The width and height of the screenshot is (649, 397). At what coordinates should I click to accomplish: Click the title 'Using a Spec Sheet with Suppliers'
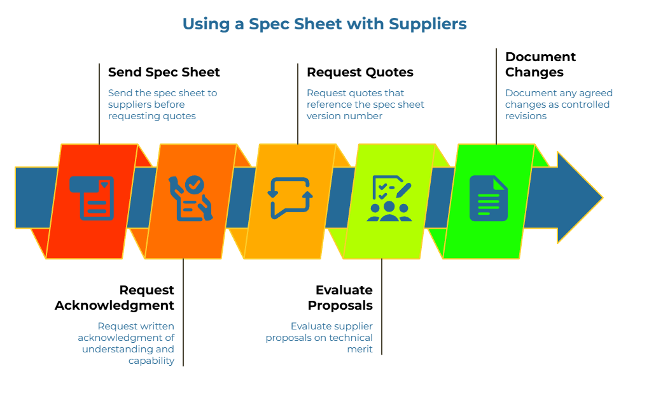[x=324, y=24]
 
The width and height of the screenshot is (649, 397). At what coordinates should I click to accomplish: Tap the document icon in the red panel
[x=92, y=198]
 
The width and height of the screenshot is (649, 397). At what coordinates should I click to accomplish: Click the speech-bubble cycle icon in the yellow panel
[x=290, y=198]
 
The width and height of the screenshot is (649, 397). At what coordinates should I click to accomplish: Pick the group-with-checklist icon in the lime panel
[x=389, y=198]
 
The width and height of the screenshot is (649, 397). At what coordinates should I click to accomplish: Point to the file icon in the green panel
[x=489, y=198]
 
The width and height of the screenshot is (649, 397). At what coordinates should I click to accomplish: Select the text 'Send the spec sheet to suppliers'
[x=162, y=98]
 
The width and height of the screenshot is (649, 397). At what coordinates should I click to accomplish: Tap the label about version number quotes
[x=365, y=104]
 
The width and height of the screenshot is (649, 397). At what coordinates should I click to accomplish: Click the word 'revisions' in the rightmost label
[x=526, y=116]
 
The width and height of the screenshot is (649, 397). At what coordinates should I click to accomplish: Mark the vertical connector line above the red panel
[x=99, y=102]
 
